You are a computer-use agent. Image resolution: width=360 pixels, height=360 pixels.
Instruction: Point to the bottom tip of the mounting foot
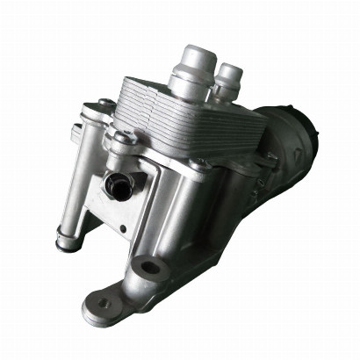[x=92, y=312]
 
